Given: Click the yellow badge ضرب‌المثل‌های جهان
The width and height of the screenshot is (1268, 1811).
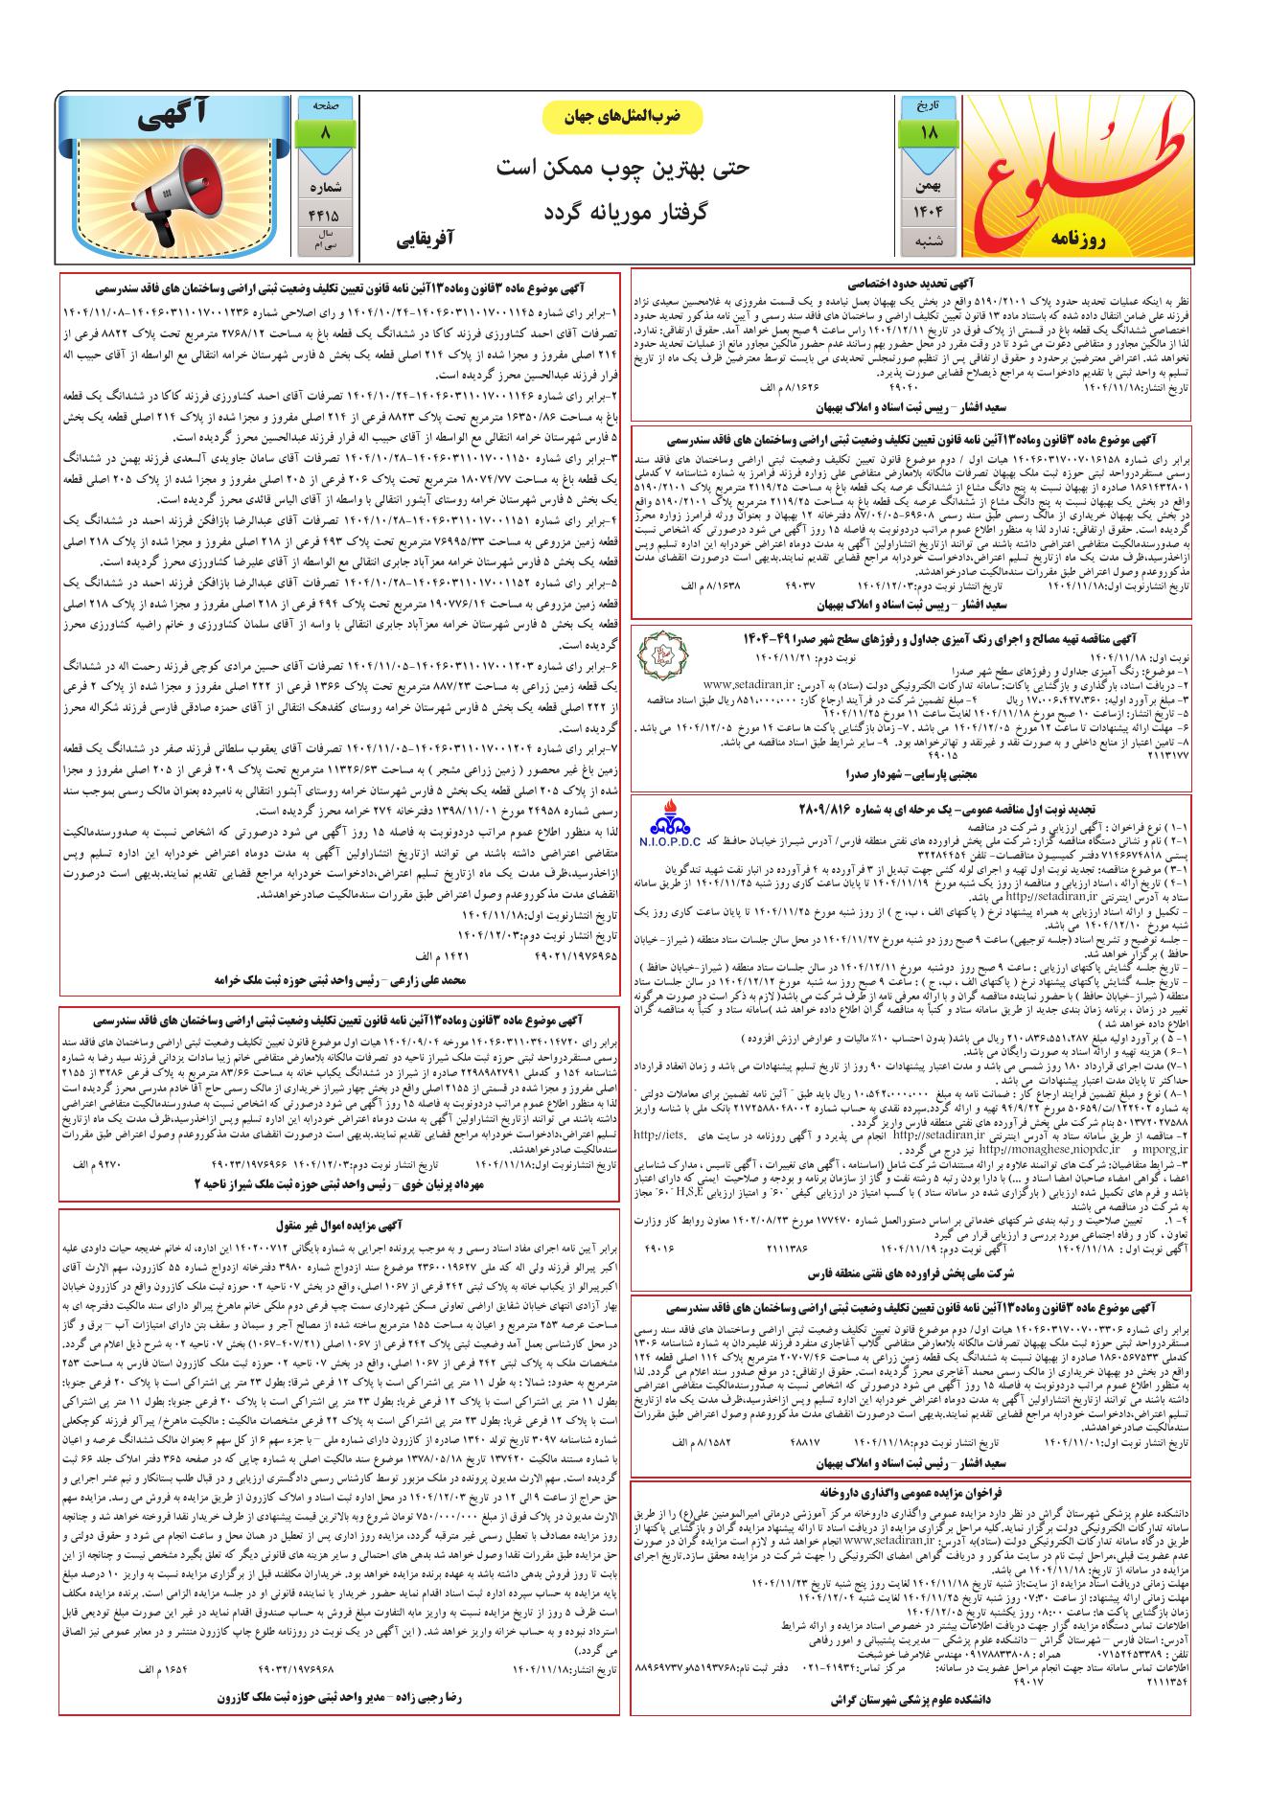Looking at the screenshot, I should (623, 116).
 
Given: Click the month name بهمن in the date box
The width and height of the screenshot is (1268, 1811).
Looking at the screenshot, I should (928, 180).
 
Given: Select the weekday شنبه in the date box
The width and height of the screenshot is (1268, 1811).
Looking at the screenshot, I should (928, 241).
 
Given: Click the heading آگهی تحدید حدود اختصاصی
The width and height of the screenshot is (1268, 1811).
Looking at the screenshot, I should (911, 285).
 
